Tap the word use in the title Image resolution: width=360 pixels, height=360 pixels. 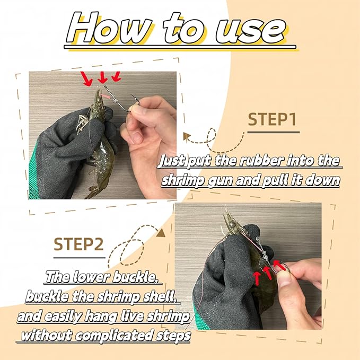(251, 31)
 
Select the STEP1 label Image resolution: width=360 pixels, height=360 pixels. (272, 119)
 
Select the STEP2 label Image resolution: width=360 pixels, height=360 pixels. (78, 244)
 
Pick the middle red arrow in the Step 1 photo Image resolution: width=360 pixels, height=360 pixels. (102, 77)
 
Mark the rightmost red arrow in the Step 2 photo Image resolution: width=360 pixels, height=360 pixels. (279, 265)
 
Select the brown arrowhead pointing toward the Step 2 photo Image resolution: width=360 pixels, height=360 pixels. (161, 233)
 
